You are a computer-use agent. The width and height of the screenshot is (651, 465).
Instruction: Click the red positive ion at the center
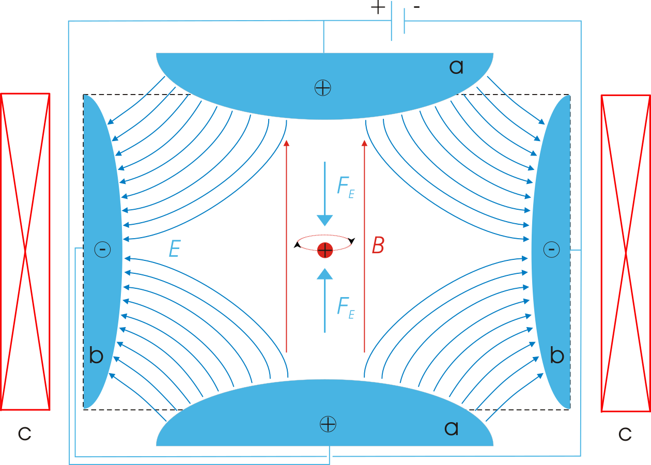pos(324,250)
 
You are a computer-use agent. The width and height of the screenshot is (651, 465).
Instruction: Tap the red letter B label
pos(378,246)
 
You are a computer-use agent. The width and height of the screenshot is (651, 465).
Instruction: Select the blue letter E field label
pos(175,250)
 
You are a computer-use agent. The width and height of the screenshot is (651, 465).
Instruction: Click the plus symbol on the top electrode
pos(322,88)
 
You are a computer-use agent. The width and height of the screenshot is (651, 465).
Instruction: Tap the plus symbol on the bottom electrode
pos(328,424)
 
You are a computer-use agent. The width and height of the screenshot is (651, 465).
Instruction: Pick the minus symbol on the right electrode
pos(551,250)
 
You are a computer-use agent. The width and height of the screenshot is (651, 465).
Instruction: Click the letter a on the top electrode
pos(456,67)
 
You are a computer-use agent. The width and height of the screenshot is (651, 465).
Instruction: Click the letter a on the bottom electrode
pos(451,428)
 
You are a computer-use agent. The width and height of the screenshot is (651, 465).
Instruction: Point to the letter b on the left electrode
pos(96,355)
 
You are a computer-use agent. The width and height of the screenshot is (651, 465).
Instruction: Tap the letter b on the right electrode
pos(556,355)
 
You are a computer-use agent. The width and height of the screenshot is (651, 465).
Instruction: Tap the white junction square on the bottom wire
pos(330,456)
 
